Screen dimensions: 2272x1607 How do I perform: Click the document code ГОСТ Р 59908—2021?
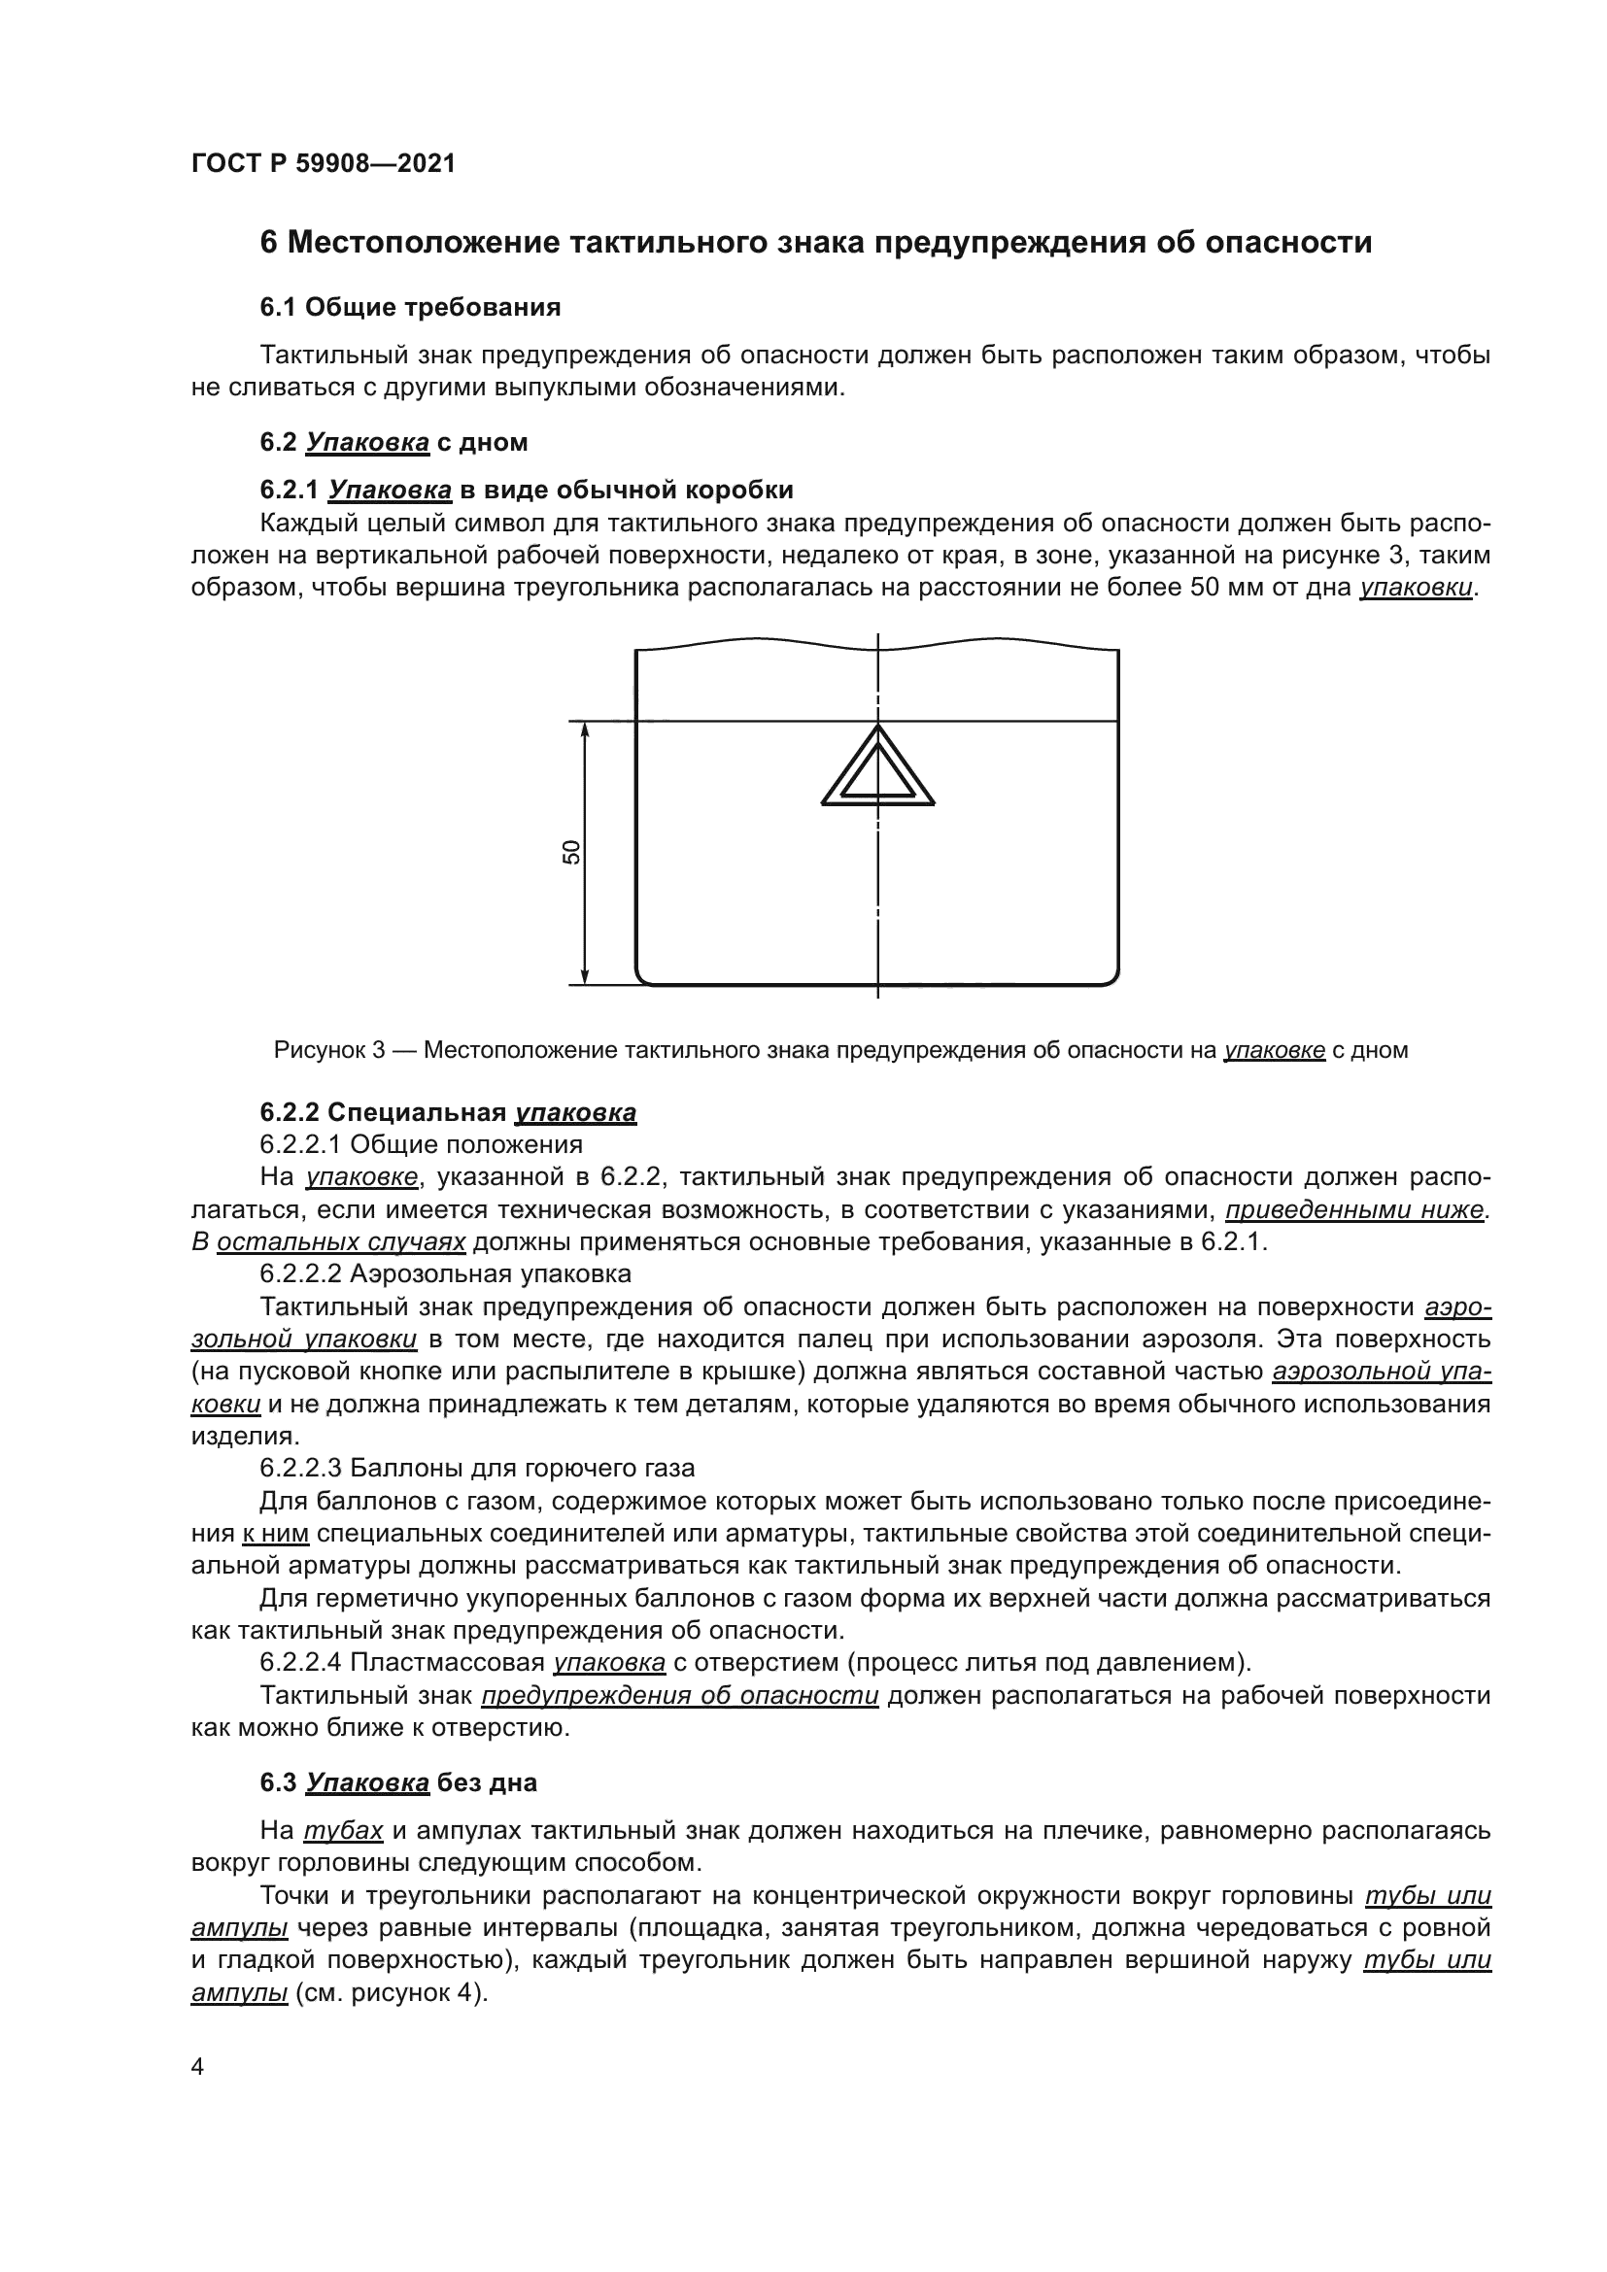click(324, 164)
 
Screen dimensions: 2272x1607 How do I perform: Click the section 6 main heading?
click(815, 243)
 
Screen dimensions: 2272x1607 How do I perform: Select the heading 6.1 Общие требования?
click(410, 308)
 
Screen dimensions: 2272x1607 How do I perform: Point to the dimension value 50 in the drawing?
click(572, 852)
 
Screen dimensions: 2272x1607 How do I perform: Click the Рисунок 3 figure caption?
click(840, 1050)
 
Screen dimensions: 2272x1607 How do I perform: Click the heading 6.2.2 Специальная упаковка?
click(447, 1113)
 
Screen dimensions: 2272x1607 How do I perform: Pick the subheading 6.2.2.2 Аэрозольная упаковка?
click(445, 1273)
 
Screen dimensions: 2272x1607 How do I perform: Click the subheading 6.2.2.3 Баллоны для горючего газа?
click(477, 1468)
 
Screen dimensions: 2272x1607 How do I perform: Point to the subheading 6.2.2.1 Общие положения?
click(421, 1145)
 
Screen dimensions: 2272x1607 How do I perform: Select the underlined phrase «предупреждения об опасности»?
click(680, 1696)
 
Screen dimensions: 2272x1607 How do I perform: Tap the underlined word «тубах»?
click(342, 1831)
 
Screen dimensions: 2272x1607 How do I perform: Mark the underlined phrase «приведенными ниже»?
click(1355, 1210)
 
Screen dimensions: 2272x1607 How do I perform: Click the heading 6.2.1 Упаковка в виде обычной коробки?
click(527, 490)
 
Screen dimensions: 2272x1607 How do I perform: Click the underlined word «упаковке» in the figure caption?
click(1275, 1050)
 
